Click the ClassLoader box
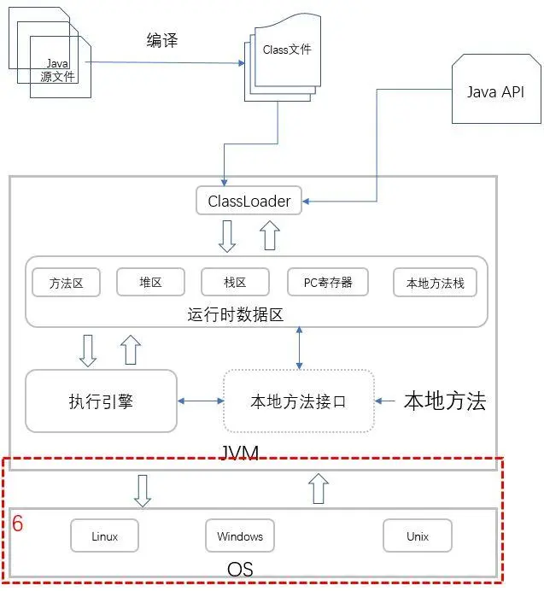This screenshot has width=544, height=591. coord(249,202)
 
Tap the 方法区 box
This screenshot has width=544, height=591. coord(66,282)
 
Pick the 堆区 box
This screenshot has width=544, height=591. coord(150,282)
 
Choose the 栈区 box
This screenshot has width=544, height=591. coord(235,282)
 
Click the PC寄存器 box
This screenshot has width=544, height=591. coord(328,282)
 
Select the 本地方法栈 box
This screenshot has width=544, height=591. coord(435,282)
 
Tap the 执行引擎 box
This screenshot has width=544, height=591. coord(101,401)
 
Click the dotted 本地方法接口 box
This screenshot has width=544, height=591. coord(298,401)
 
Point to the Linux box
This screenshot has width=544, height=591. coord(104,536)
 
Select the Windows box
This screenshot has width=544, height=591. coord(240,536)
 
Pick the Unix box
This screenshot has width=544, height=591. coord(417,536)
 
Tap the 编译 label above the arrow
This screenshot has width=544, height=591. coord(162,41)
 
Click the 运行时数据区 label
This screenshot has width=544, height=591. coord(235,314)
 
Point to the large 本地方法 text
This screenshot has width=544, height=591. coord(444,401)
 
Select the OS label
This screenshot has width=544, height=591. coord(240,568)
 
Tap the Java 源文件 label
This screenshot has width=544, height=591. coord(58,69)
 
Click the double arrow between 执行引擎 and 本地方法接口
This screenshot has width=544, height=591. coord(200,401)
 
